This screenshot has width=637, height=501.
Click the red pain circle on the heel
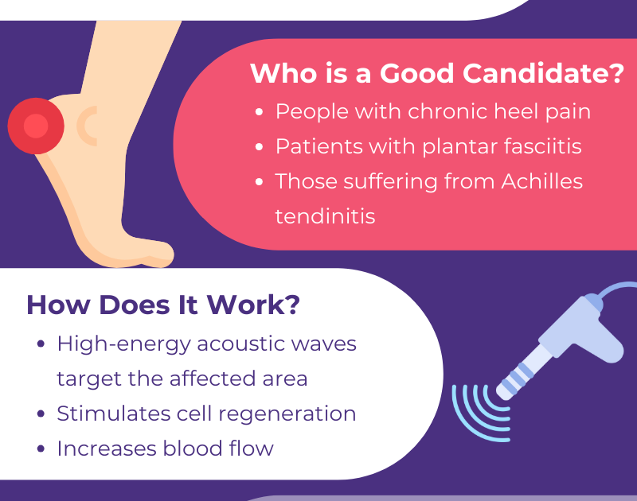[36, 126]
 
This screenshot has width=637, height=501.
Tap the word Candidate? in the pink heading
[543, 73]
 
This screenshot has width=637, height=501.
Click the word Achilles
[541, 181]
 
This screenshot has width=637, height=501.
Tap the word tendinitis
[325, 216]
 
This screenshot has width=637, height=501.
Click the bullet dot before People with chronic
[260, 112]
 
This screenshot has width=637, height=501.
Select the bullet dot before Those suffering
[260, 182]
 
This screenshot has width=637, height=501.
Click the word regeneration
[287, 414]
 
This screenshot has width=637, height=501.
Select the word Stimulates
[114, 414]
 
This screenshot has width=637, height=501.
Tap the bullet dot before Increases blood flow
[41, 449]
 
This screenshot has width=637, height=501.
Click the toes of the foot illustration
[156, 254]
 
